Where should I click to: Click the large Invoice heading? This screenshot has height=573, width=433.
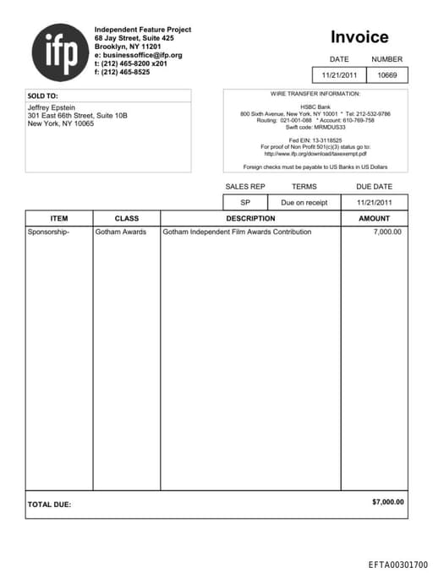tap(359, 37)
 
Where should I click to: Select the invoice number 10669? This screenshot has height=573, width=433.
tap(387, 75)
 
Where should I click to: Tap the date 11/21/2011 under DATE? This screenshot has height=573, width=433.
tap(340, 75)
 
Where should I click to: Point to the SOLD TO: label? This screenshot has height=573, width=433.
tap(43, 95)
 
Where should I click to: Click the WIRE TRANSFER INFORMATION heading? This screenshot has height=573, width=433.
tap(315, 94)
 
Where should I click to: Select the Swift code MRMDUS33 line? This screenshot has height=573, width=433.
tap(315, 127)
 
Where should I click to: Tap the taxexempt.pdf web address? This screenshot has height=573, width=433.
tap(315, 153)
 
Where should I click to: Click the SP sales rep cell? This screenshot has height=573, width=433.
tap(245, 203)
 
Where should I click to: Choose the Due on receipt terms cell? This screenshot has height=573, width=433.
tap(304, 203)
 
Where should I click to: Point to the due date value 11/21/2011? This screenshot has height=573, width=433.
tap(374, 203)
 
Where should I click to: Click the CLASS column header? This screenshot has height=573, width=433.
tap(126, 218)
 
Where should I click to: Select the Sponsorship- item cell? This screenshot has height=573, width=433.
tap(49, 232)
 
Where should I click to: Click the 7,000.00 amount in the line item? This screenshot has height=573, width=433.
tap(387, 232)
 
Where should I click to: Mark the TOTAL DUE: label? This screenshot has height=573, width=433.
tap(49, 505)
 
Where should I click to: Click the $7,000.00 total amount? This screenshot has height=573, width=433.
tap(388, 502)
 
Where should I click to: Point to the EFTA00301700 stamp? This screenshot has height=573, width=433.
tap(397, 564)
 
